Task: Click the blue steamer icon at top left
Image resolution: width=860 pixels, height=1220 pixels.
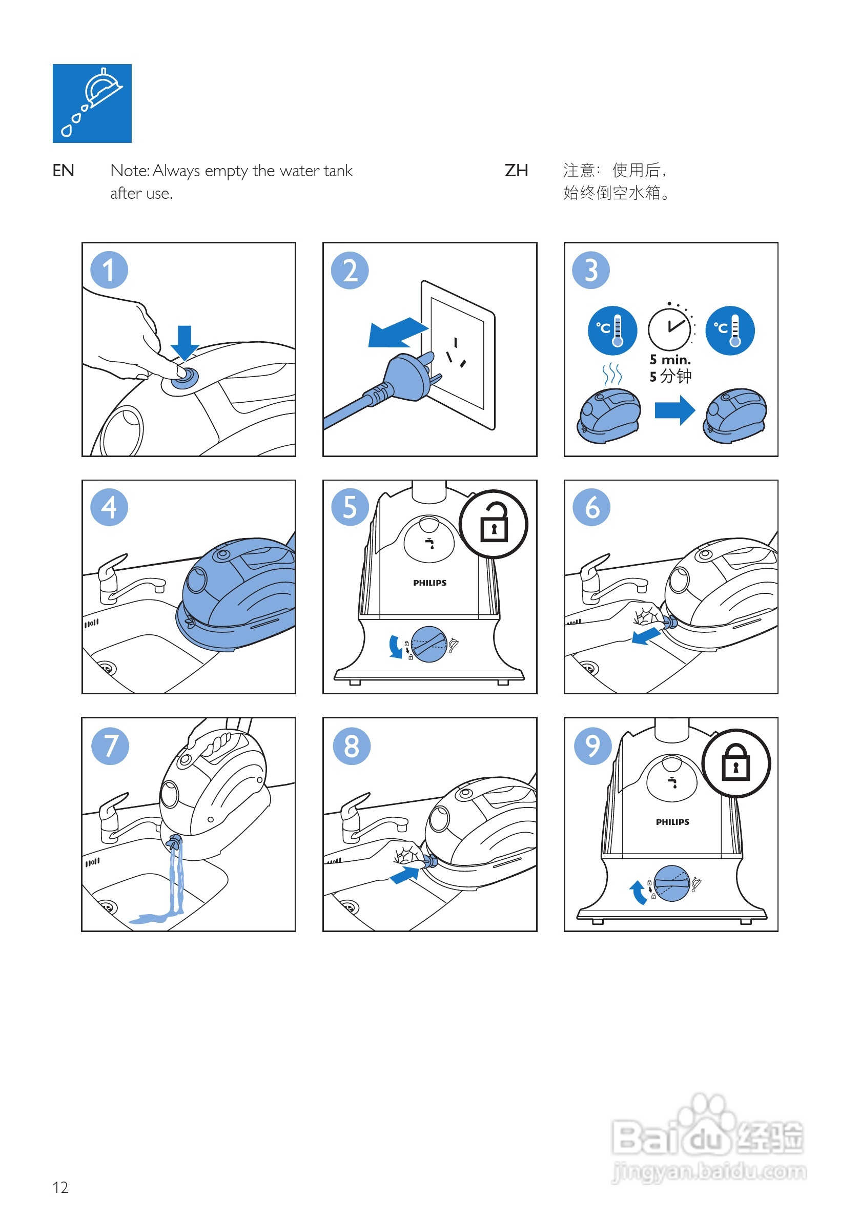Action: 92,103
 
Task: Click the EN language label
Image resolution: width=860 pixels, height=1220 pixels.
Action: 63,171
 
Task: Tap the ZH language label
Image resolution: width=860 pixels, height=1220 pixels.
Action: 516,171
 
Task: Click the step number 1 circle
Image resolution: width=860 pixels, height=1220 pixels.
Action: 109,270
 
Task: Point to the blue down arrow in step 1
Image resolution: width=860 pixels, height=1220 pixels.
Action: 185,342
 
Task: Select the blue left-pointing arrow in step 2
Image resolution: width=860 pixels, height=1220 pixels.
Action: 396,333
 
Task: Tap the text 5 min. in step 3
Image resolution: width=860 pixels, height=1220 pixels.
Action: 670,360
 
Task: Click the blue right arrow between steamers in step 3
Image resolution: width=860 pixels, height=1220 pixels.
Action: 674,410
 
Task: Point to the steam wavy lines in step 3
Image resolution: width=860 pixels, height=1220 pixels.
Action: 612,374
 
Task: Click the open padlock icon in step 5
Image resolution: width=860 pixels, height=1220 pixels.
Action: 493,524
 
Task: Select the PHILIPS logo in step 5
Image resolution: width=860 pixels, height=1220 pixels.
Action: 429,583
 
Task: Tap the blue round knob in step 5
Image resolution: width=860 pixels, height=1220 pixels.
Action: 428,644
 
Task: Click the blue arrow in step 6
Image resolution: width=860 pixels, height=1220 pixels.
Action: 645,635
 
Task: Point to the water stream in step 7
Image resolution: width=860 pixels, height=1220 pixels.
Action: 176,877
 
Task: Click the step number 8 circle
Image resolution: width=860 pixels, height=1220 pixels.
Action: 352,746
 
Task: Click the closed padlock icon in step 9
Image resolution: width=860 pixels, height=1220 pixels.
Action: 735,763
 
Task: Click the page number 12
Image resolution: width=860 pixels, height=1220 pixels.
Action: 60,1187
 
